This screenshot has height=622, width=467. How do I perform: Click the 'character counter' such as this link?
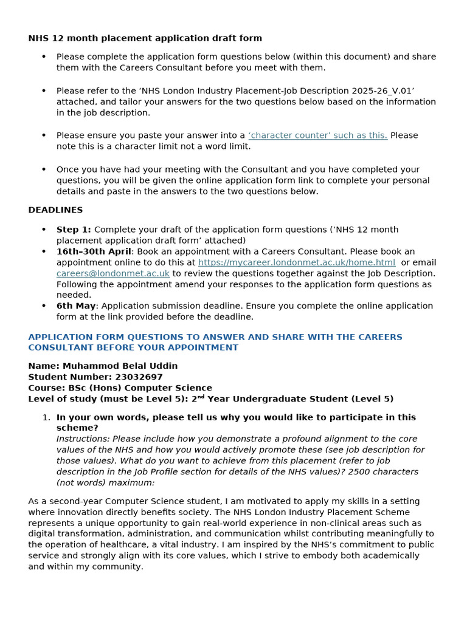pyautogui.click(x=317, y=135)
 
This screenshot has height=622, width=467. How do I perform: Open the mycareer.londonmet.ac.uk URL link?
pyautogui.click(x=297, y=262)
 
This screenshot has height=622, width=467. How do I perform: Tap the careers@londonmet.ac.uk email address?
pyautogui.click(x=112, y=273)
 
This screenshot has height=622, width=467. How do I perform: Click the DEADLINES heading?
pyautogui.click(x=55, y=210)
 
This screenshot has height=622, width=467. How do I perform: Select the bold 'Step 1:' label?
pyautogui.click(x=74, y=230)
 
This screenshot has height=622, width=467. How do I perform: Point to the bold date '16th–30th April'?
pyautogui.click(x=94, y=251)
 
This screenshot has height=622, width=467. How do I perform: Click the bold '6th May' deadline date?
pyautogui.click(x=76, y=306)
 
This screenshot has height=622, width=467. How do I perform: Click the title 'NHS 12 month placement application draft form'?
pyautogui.click(x=145, y=38)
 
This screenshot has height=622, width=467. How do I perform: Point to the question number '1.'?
pyautogui.click(x=46, y=417)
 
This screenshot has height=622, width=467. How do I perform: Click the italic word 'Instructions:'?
pyautogui.click(x=83, y=439)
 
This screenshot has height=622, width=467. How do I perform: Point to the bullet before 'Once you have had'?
pyautogui.click(x=44, y=169)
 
